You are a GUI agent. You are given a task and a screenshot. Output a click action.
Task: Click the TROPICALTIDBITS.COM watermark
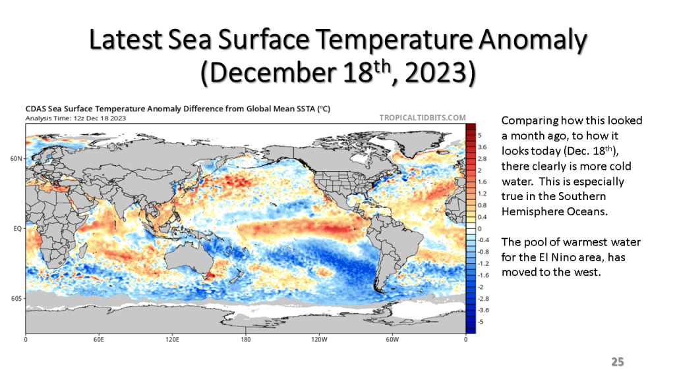(x=423, y=117)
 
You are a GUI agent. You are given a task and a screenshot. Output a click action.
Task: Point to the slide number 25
(x=617, y=362)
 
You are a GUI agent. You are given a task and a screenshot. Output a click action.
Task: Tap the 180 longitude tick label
(x=246, y=341)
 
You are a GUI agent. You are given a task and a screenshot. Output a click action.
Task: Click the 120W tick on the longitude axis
(x=319, y=341)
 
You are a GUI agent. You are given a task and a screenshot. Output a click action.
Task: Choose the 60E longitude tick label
(x=99, y=341)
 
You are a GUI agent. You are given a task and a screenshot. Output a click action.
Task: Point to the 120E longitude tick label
(x=172, y=341)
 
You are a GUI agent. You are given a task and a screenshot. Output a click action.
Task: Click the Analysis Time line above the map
(x=75, y=118)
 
